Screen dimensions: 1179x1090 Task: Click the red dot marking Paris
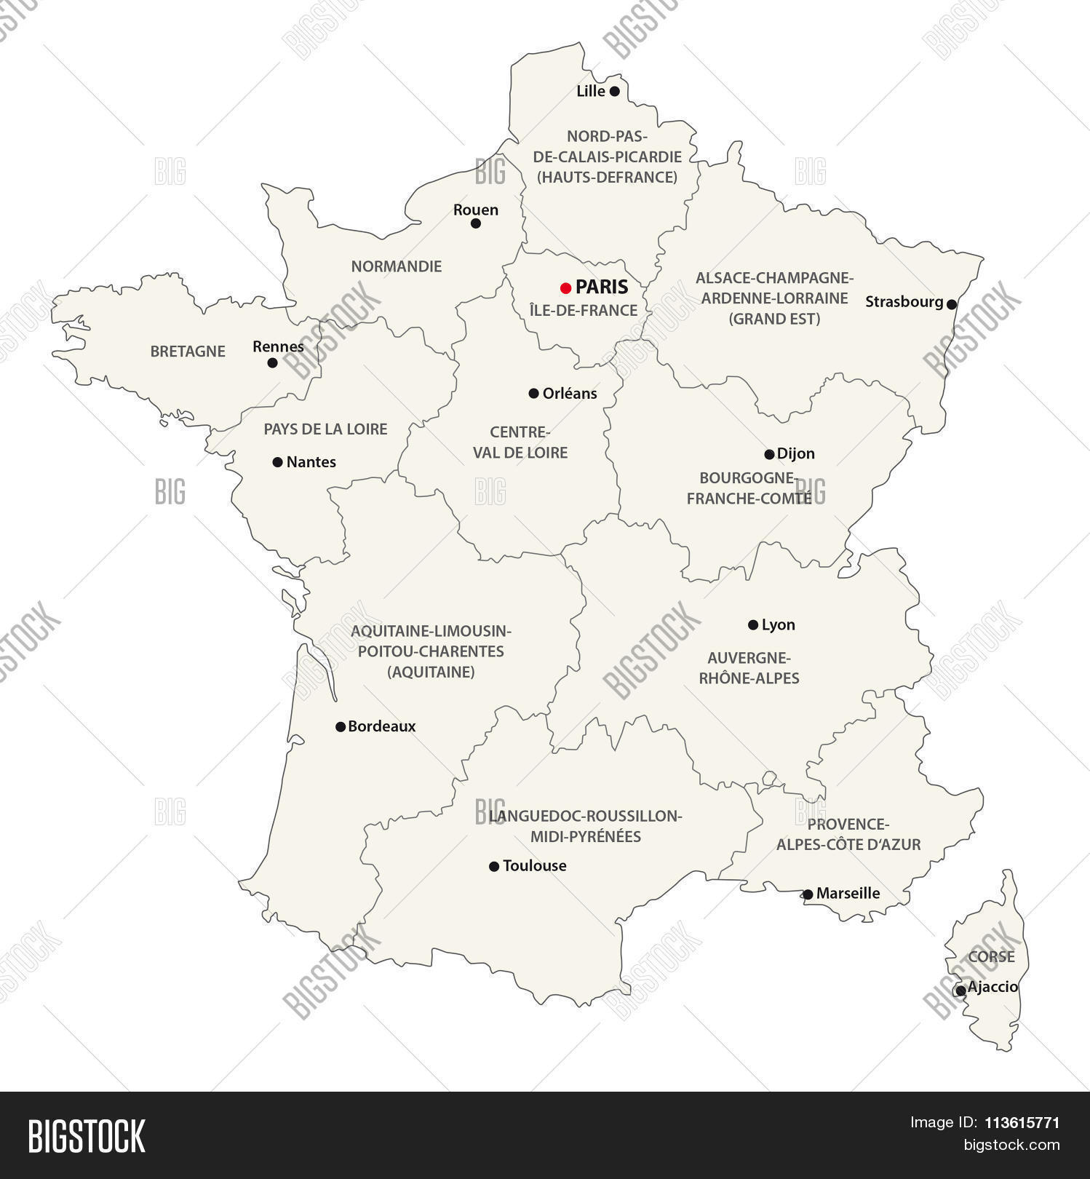pos(565,288)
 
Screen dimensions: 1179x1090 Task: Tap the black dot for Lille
pos(614,92)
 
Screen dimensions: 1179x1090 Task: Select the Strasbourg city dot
pos(952,304)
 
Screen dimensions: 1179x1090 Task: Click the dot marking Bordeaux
pos(340,726)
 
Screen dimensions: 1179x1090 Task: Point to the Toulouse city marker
pos(494,866)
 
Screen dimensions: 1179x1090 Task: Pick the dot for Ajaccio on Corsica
pos(960,991)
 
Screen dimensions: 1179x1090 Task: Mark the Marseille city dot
pos(808,894)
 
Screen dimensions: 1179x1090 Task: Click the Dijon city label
pos(796,453)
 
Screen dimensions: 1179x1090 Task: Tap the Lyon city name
pos(778,624)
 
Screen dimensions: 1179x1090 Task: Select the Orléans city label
pos(570,393)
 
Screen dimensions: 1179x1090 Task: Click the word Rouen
pos(476,210)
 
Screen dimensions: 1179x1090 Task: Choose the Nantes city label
pos(311,461)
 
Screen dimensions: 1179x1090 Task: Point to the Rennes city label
pos(278,346)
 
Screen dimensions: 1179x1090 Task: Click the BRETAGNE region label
pos(188,352)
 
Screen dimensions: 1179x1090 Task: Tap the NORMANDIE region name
pos(397,266)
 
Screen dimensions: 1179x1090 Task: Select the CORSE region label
pos(991,957)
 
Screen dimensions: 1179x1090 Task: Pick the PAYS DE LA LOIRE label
pos(325,429)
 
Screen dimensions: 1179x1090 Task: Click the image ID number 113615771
pos(1022,1123)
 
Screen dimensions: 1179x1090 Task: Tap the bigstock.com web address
pos(1011,1145)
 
